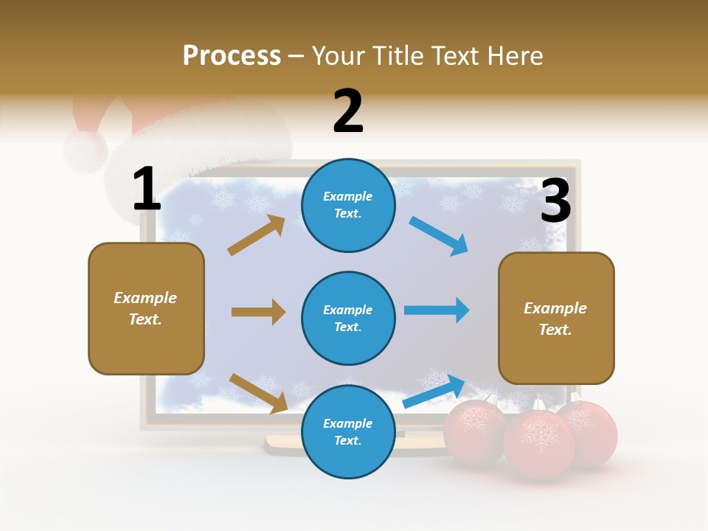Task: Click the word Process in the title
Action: (232, 55)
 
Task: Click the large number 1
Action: (147, 189)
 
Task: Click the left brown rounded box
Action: (146, 308)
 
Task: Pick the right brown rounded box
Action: (556, 318)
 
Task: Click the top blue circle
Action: (348, 205)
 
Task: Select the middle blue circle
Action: (348, 318)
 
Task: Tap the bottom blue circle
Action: (348, 431)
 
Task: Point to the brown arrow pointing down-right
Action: (258, 393)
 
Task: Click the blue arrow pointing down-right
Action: (438, 236)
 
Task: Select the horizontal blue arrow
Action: (437, 310)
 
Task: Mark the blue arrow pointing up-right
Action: (434, 391)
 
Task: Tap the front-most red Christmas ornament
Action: (538, 443)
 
